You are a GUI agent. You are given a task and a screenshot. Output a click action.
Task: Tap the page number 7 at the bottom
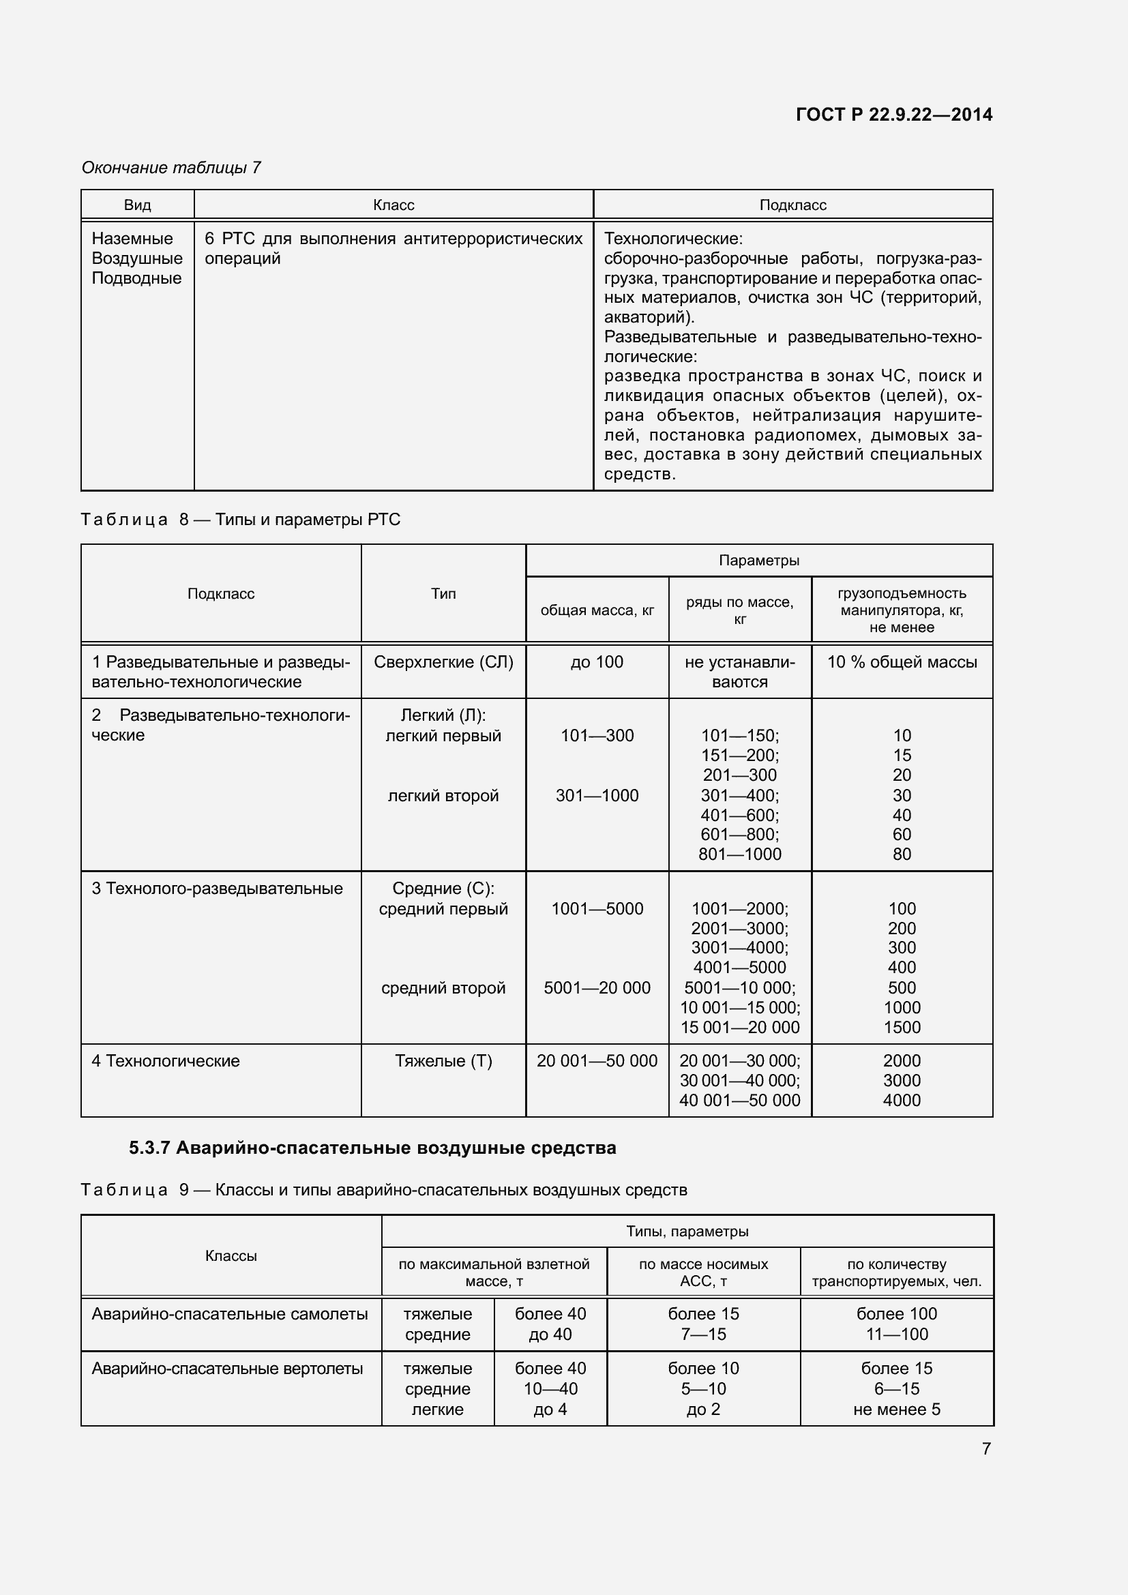coord(985,1448)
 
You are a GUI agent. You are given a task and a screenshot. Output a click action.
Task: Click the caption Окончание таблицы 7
coord(171,168)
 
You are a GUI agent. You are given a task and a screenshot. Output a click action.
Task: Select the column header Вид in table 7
coord(138,205)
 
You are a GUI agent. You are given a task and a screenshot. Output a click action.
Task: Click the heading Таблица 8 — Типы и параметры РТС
coord(240,520)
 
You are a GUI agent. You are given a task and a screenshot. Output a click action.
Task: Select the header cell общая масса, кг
coord(597,610)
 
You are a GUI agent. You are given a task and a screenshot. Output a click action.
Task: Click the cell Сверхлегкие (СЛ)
coord(443,662)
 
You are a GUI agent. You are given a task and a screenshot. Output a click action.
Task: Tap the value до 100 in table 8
coord(597,662)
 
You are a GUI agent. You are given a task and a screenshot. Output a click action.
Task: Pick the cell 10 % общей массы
coord(902,662)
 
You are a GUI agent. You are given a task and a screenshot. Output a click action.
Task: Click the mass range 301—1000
coord(597,795)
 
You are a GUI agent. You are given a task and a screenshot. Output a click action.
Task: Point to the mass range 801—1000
coord(740,854)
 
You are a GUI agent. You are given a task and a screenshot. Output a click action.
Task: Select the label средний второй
coord(443,988)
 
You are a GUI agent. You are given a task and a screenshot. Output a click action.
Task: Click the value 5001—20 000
coord(597,988)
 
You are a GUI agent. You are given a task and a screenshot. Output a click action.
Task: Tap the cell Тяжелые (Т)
coord(443,1061)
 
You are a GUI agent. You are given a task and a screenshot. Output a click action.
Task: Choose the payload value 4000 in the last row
coord(902,1101)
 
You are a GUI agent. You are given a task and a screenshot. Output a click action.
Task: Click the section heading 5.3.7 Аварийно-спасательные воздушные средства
coord(372,1148)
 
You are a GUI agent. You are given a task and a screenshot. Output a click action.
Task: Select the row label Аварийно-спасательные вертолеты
coord(227,1369)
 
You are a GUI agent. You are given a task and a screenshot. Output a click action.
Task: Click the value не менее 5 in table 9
coord(897,1410)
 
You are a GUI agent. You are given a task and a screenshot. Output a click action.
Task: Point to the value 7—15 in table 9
coord(703,1335)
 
